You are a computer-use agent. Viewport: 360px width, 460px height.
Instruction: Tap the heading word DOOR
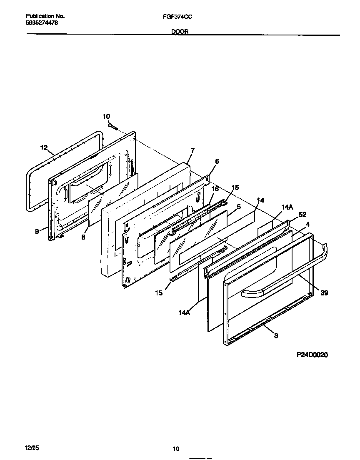(x=180, y=31)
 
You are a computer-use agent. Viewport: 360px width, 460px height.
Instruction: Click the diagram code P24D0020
(x=312, y=355)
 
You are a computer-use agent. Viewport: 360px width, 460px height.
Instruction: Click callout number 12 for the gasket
(x=44, y=147)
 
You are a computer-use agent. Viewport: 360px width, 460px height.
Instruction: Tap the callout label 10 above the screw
(x=106, y=116)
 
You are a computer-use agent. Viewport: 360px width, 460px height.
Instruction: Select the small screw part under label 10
(x=113, y=125)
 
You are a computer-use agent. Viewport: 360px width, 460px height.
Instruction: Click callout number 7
(x=192, y=150)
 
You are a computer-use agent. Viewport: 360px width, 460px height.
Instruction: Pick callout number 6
(x=217, y=161)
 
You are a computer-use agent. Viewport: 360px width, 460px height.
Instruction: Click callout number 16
(x=215, y=189)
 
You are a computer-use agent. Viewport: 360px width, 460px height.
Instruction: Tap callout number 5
(x=239, y=206)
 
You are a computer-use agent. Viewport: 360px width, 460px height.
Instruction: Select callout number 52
(x=302, y=215)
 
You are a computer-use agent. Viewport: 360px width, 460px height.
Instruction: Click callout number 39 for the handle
(x=324, y=293)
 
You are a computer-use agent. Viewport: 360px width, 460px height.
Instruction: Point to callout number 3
(x=276, y=335)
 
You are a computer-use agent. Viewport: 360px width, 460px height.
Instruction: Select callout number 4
(x=307, y=224)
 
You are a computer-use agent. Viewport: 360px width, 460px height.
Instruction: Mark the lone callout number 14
(x=260, y=200)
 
